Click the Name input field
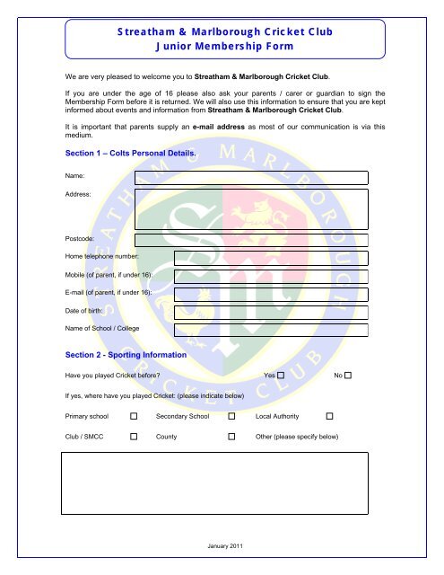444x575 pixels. pos(251,176)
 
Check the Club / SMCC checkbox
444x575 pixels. pos(134,436)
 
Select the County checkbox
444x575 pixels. pos(231,436)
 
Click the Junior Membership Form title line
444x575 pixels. pos(222,47)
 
